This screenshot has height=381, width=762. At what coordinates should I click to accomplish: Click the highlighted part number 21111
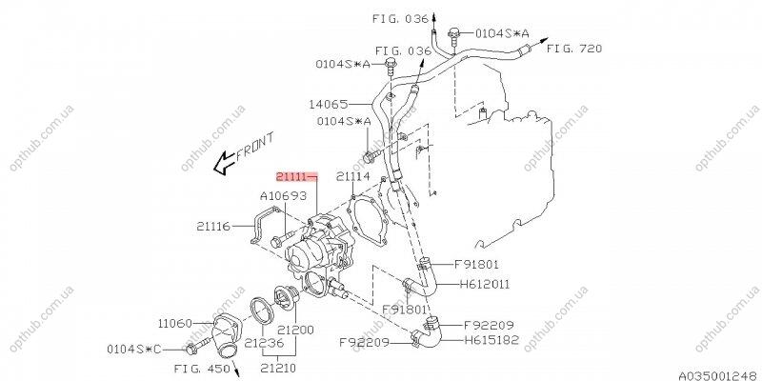293,177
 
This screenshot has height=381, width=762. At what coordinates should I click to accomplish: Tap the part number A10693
282,196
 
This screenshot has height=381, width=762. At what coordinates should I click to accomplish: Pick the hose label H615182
491,339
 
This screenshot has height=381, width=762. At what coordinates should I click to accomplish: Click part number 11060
176,324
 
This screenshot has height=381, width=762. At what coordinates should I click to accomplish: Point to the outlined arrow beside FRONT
223,164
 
